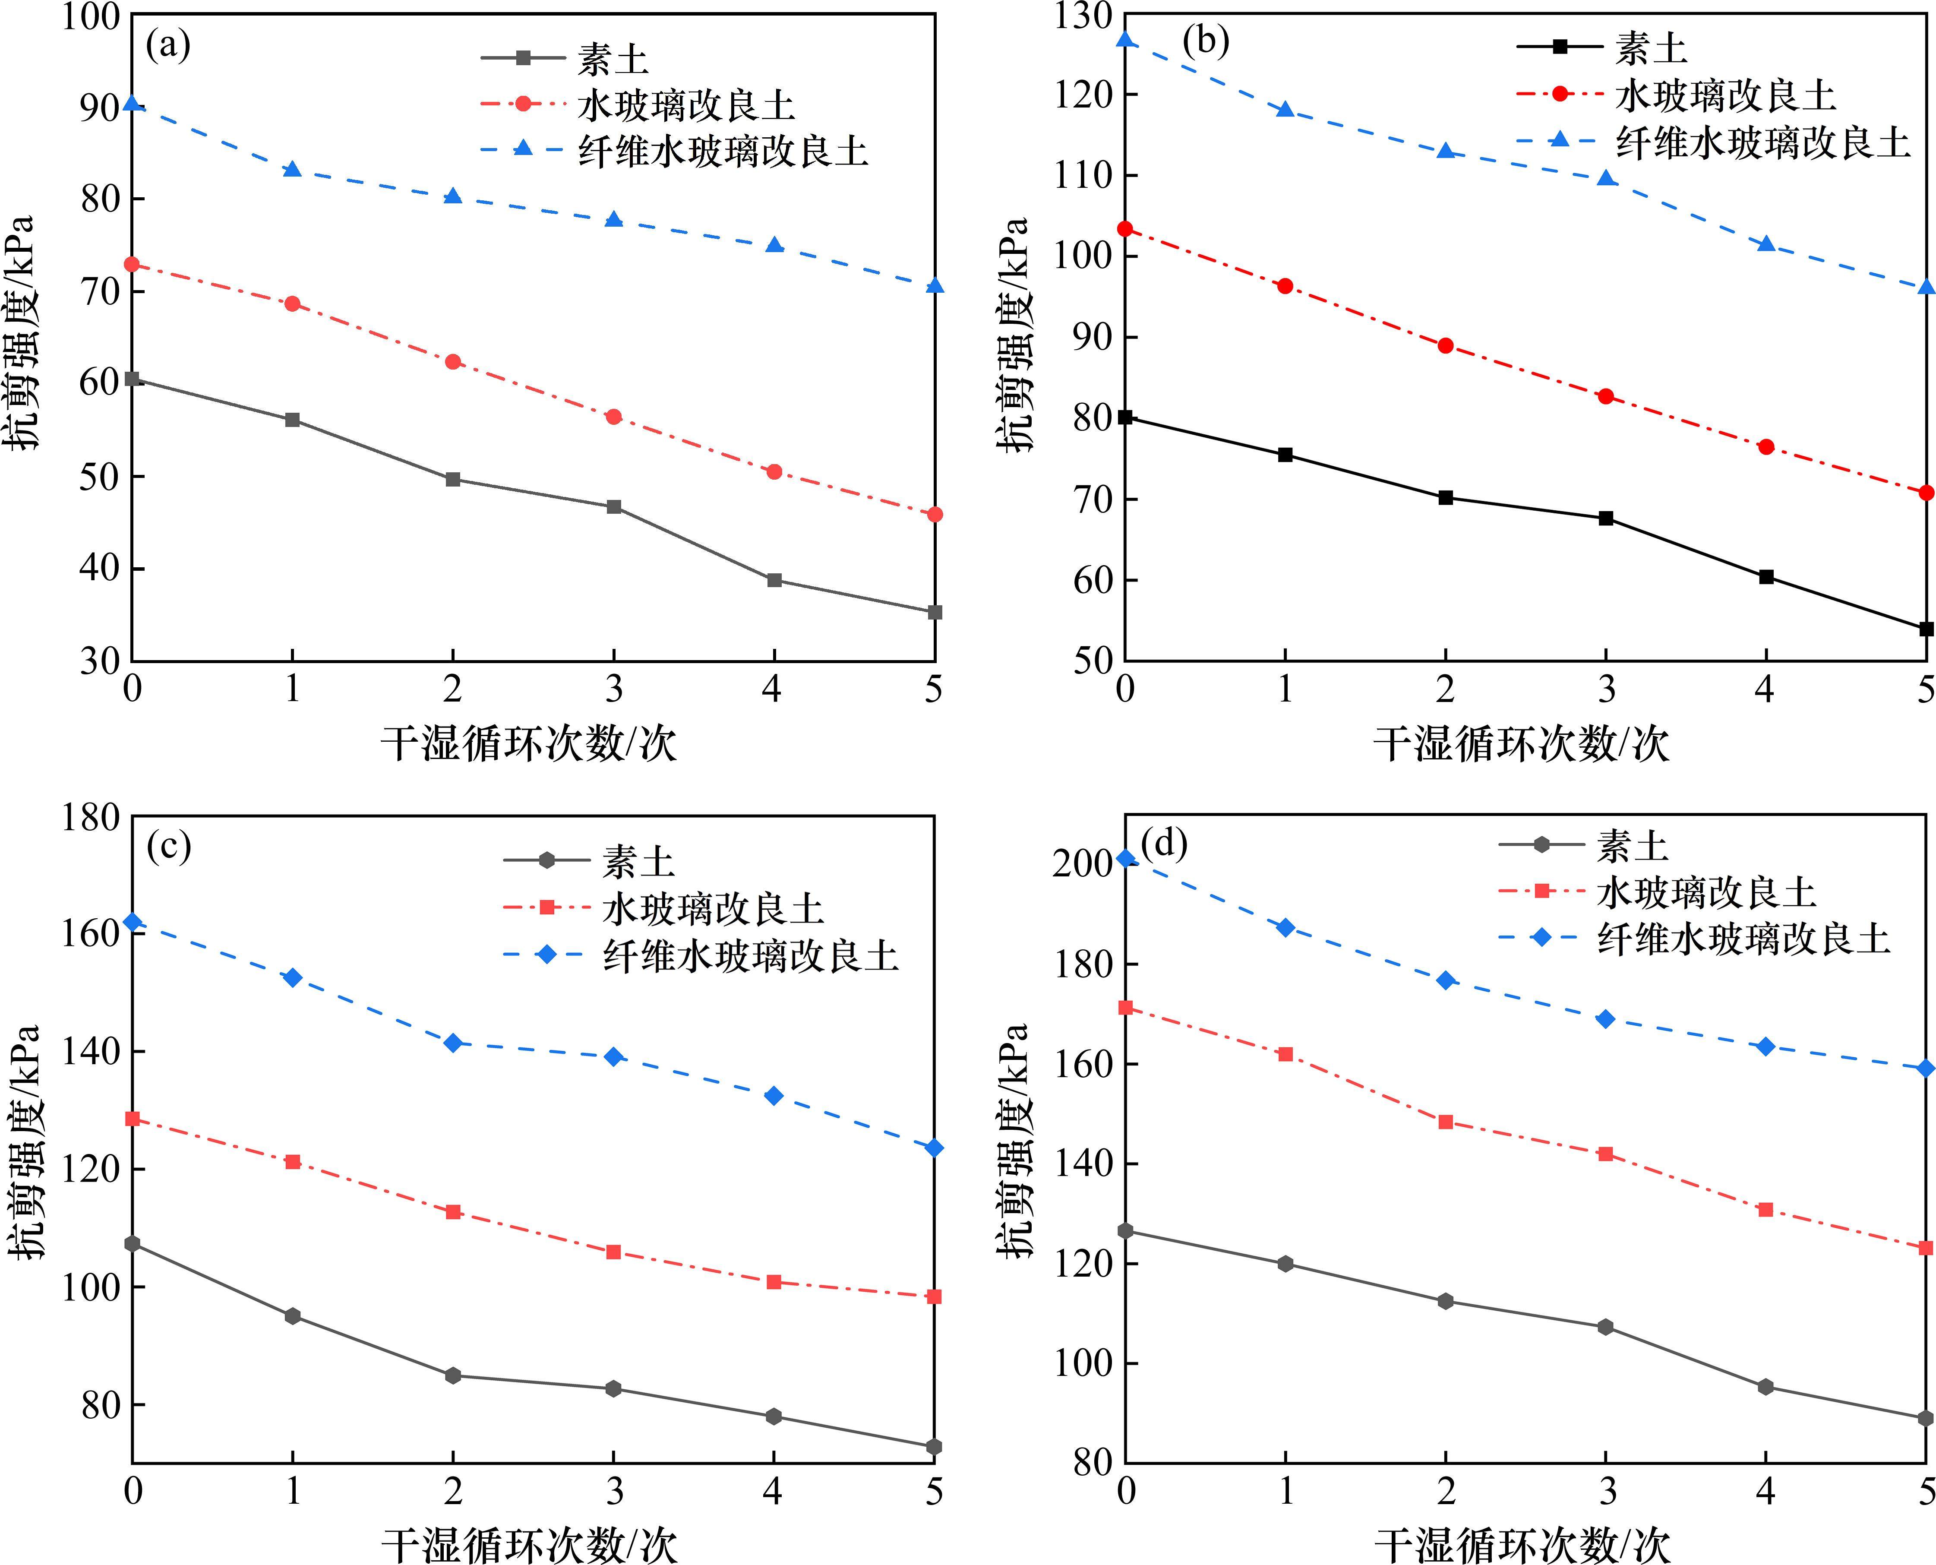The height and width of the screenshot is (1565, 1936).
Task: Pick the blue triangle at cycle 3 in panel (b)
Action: (1605, 178)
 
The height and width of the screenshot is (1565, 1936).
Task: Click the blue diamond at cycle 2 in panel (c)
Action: (453, 1043)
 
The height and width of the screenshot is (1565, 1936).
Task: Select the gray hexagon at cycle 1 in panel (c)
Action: (293, 1316)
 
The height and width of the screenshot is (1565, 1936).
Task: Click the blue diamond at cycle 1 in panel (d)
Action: (1285, 928)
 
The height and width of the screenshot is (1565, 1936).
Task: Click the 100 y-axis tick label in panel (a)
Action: (90, 16)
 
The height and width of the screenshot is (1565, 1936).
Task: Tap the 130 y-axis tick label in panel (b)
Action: (1082, 16)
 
